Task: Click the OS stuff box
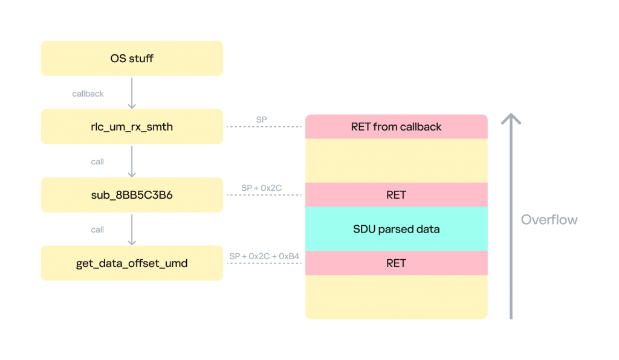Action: point(132,59)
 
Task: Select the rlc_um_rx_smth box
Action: point(132,127)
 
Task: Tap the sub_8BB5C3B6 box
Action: point(132,195)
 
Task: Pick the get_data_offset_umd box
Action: point(132,263)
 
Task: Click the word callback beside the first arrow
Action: point(88,94)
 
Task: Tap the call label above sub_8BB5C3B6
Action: point(97,162)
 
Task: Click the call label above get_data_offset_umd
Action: point(97,230)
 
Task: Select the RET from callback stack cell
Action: point(396,127)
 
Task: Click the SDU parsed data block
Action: point(396,230)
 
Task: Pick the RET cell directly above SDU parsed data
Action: point(396,195)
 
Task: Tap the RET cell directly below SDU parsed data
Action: point(396,263)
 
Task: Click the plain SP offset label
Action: point(261,120)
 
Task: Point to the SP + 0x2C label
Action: point(261,188)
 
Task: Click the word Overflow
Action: point(549,220)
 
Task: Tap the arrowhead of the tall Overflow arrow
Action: point(511,118)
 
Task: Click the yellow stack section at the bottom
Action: point(396,297)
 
